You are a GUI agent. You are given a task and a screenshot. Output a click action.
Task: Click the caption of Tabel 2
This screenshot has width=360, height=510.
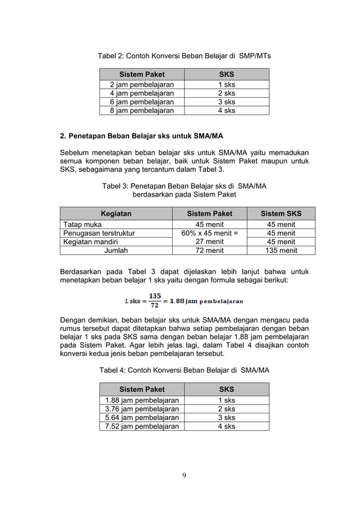[184, 56]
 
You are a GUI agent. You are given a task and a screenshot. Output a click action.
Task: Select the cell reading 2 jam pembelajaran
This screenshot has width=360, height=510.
[142, 85]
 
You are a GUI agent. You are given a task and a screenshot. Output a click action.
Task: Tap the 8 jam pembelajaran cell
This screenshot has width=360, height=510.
[142, 111]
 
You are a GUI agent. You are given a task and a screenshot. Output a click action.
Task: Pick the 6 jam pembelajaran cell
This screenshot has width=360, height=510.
[142, 102]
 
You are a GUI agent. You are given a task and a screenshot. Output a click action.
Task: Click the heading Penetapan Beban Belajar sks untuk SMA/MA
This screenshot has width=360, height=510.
[142, 136]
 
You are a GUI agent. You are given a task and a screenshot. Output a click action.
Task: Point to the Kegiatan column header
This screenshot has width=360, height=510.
[116, 213]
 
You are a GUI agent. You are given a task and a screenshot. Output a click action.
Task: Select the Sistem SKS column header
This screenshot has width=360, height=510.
[281, 213]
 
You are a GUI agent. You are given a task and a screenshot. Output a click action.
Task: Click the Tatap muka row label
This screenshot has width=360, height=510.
[79, 225]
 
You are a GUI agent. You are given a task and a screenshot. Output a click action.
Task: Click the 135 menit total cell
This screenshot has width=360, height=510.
[281, 251]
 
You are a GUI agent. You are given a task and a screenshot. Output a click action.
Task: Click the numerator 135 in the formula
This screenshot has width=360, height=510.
[155, 296]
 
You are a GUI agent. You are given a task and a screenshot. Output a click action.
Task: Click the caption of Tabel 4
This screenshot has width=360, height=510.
[184, 370]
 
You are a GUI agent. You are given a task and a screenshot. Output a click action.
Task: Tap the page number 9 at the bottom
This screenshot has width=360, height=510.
[184, 474]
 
